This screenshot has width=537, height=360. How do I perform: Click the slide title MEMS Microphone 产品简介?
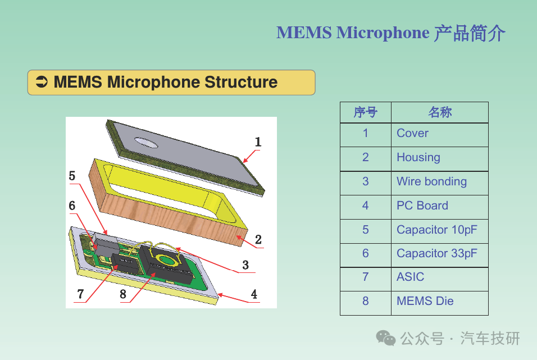point(391,33)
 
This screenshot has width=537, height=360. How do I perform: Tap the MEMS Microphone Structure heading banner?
point(171,83)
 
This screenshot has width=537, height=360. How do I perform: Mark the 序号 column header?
point(365,112)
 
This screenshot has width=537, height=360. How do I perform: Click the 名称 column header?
point(440,112)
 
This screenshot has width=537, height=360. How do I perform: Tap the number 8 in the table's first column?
point(365,302)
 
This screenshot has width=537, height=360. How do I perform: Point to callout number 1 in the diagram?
point(258,142)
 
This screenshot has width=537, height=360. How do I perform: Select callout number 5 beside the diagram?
point(72,176)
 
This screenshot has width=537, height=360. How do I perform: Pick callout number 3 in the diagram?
point(245,265)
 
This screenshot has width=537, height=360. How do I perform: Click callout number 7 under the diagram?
point(80,294)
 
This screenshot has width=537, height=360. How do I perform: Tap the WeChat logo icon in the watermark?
point(386,338)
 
